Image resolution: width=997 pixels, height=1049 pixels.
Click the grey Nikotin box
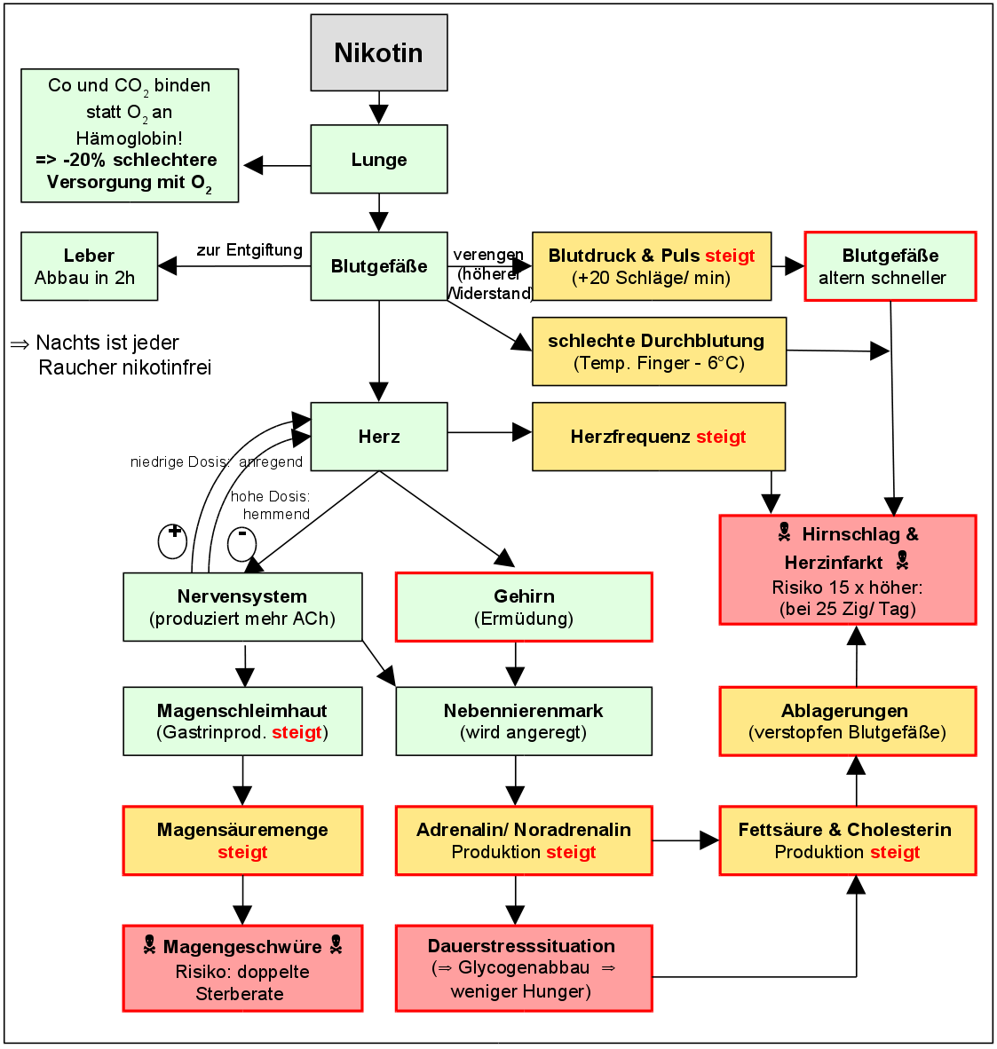coord(378,52)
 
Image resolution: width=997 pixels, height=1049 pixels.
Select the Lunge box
coord(378,160)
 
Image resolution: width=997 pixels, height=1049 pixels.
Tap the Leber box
coord(89,266)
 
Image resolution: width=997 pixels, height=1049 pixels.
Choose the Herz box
coord(378,437)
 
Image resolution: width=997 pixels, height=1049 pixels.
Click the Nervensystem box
coord(242,607)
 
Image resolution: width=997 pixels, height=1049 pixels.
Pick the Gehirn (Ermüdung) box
coord(524,607)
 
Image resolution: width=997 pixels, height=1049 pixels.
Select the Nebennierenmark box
coord(524,721)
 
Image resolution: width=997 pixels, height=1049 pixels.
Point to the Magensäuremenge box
coord(242,840)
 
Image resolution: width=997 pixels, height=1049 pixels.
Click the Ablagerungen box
coord(847,721)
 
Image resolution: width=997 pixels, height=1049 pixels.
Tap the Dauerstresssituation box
coord(524,968)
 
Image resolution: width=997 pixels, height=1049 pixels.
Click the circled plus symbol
coord(173,540)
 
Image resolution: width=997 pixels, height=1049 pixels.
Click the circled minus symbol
coord(241,543)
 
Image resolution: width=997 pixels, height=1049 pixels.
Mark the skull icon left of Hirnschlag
coord(784,532)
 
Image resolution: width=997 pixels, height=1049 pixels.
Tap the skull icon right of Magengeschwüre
coord(336,945)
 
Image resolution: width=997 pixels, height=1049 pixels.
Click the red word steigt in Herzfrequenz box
coord(721,437)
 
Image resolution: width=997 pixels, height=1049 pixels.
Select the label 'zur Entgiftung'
coord(249,250)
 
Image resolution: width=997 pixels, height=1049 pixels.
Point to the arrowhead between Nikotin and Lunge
coord(379,114)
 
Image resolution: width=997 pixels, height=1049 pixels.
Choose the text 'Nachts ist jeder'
coord(107,343)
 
